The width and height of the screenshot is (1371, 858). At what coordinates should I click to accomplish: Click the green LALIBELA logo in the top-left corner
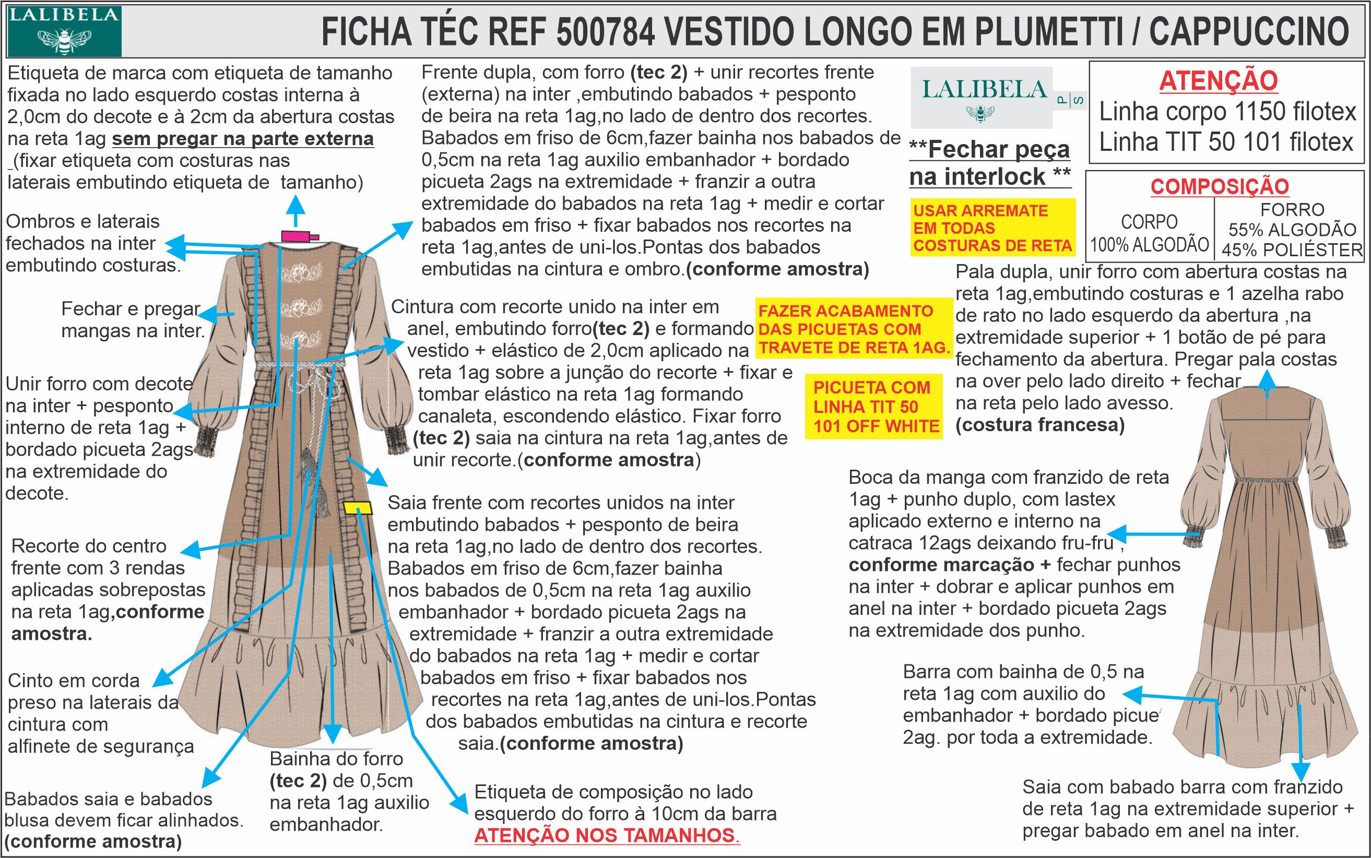pyautogui.click(x=64, y=31)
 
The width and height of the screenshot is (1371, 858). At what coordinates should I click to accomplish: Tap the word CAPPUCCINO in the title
pyautogui.click(x=1248, y=32)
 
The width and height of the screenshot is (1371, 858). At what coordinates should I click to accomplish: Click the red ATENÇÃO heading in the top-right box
pyautogui.click(x=1218, y=80)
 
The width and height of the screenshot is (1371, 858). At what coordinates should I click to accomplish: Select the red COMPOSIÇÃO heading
pyautogui.click(x=1219, y=186)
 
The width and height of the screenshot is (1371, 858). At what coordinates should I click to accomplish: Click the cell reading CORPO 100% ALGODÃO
pyautogui.click(x=1149, y=233)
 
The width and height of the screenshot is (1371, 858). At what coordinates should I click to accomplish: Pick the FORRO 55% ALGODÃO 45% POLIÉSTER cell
pyautogui.click(x=1292, y=230)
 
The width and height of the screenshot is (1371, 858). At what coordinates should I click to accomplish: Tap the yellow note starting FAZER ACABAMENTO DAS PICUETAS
pyautogui.click(x=854, y=329)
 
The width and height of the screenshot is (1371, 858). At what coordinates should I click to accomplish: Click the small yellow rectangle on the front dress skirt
pyautogui.click(x=357, y=508)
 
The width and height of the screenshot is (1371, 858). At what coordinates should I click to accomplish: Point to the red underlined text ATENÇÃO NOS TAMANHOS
pyautogui.click(x=606, y=836)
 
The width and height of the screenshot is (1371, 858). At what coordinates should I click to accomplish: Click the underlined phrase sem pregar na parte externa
pyautogui.click(x=243, y=139)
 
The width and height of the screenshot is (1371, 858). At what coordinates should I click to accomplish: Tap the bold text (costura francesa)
pyautogui.click(x=1040, y=425)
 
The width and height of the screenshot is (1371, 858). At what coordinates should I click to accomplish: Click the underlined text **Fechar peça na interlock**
pyautogui.click(x=989, y=163)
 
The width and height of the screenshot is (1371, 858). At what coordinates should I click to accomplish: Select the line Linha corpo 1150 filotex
pyautogui.click(x=1227, y=112)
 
